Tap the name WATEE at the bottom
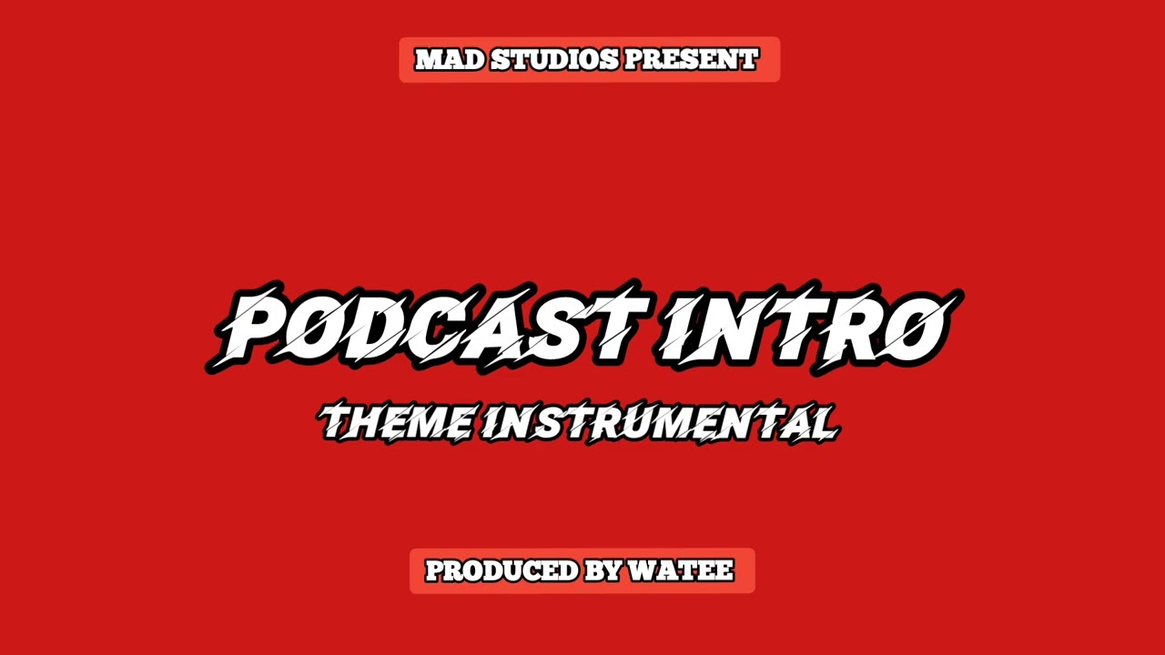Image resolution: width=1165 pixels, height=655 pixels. tap(681, 571)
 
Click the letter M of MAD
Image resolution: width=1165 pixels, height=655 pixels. tap(429, 60)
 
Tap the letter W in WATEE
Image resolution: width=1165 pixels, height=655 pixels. tap(644, 571)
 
